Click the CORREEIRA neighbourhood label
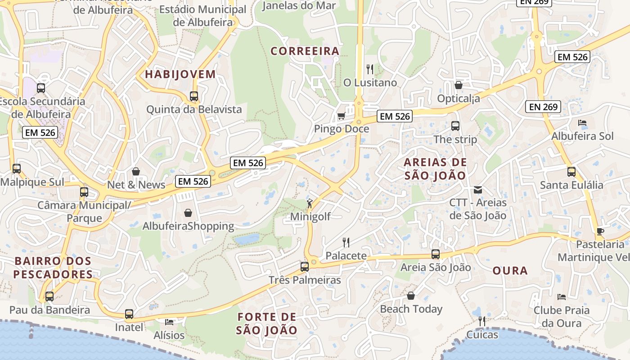pyautogui.click(x=305, y=51)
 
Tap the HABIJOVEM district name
pyautogui.click(x=180, y=75)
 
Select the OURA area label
pyautogui.click(x=510, y=271)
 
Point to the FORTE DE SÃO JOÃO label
pyautogui.click(x=267, y=324)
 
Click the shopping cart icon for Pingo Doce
pyautogui.click(x=341, y=116)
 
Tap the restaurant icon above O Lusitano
pyautogui.click(x=370, y=69)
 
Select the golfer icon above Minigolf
pyautogui.click(x=310, y=203)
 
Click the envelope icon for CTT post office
pyautogui.click(x=478, y=190)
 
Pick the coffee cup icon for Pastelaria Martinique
pyautogui.click(x=600, y=231)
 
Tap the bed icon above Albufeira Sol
pyautogui.click(x=582, y=122)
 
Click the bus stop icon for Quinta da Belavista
pyautogui.click(x=194, y=96)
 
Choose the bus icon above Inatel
pyautogui.click(x=129, y=314)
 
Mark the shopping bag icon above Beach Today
pyautogui.click(x=411, y=296)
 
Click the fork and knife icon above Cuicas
pyautogui.click(x=482, y=321)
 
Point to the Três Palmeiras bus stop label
pyautogui.click(x=305, y=280)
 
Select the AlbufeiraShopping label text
pyautogui.click(x=188, y=226)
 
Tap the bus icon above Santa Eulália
pyautogui.click(x=571, y=171)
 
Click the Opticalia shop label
pyautogui.click(x=459, y=98)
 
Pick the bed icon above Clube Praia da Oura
pyautogui.click(x=561, y=297)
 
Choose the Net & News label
pyautogui.click(x=136, y=185)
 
